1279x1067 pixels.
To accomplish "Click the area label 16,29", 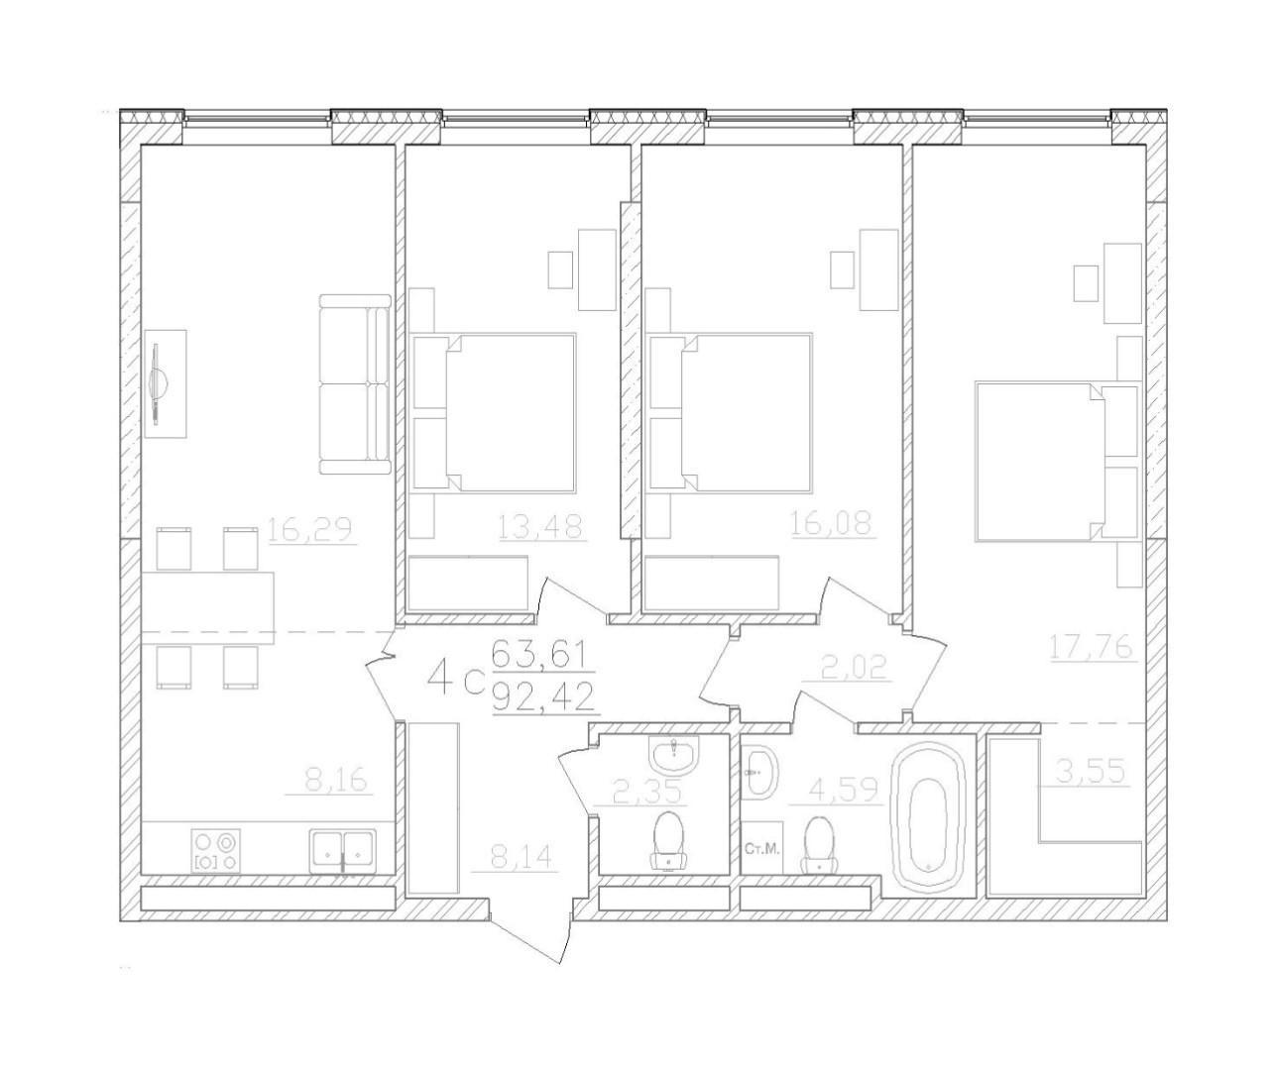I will pyautogui.click(x=310, y=531).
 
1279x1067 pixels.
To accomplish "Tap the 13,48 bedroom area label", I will pyautogui.click(x=541, y=527).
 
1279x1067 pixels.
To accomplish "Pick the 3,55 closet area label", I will pyautogui.click(x=1091, y=772).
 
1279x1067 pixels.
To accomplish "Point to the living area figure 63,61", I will pyautogui.click(x=540, y=655).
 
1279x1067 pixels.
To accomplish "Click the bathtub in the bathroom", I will pyautogui.click(x=930, y=821).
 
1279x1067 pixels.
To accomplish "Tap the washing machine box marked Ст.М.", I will pyautogui.click(x=761, y=848).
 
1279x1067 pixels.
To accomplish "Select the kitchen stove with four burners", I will pyautogui.click(x=217, y=851).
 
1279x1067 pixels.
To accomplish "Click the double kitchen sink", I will pyautogui.click(x=342, y=850).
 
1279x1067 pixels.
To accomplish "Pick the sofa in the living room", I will pyautogui.click(x=353, y=384).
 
